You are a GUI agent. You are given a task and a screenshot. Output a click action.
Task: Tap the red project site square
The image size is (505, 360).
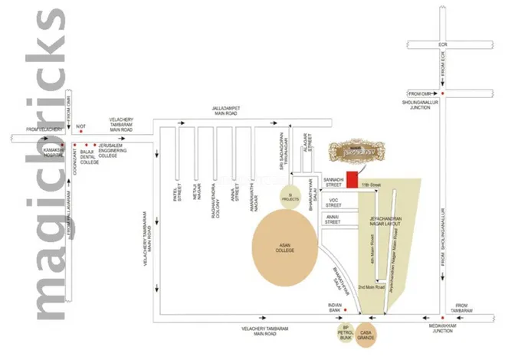click(352, 178)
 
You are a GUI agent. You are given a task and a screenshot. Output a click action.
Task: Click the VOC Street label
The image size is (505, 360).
click(333, 202)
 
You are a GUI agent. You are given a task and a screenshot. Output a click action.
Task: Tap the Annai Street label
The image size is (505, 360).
click(333, 220)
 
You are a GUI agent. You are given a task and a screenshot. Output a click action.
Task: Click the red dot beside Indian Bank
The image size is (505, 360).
click(346, 309)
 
